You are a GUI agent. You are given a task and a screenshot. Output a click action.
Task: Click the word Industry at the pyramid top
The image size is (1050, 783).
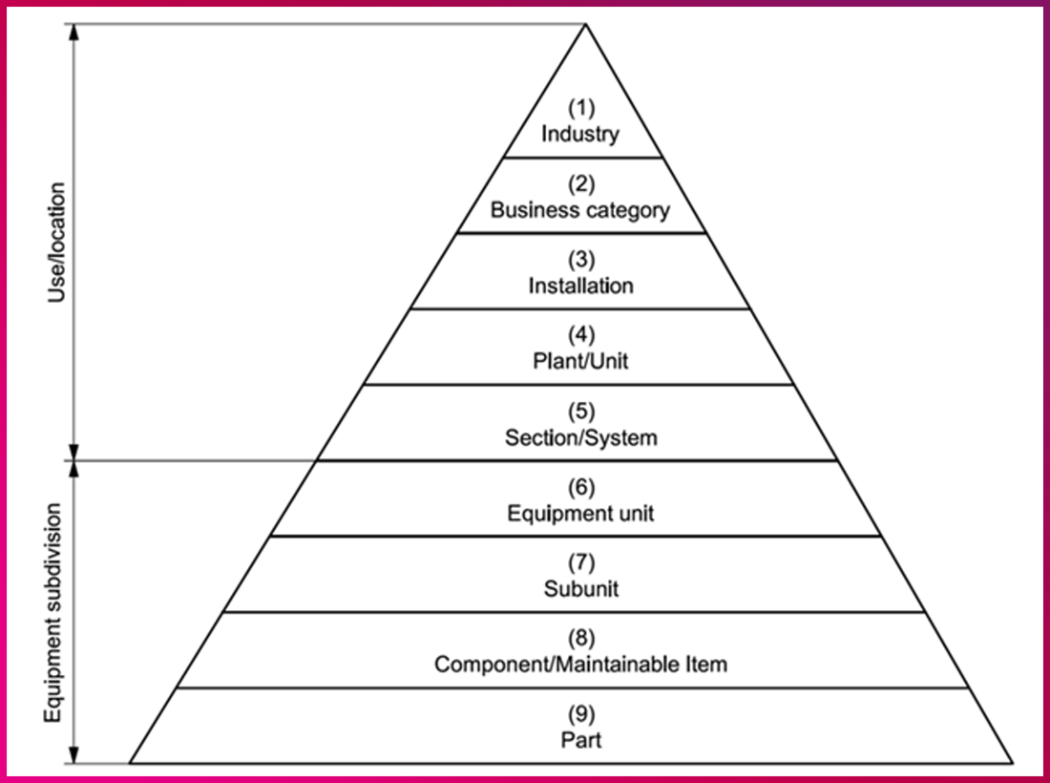click(580, 134)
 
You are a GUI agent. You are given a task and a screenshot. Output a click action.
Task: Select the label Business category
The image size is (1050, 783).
click(580, 210)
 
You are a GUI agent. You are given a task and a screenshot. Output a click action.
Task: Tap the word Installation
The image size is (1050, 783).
click(580, 286)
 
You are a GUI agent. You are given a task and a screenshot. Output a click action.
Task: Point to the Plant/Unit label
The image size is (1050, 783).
click(580, 362)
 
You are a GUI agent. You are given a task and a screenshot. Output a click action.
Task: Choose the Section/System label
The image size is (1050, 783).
click(580, 438)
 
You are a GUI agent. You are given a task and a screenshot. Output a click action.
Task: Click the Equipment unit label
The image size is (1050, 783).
click(580, 514)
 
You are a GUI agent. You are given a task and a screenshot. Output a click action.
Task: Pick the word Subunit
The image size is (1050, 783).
click(580, 588)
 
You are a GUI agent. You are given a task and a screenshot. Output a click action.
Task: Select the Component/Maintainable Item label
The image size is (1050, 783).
click(580, 664)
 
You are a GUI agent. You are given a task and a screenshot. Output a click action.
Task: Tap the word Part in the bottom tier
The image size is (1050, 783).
click(580, 739)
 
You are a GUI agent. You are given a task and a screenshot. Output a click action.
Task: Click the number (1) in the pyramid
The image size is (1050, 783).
click(580, 107)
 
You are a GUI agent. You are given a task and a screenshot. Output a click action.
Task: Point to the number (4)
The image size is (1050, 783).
click(580, 335)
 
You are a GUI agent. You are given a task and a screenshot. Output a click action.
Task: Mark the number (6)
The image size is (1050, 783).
click(580, 487)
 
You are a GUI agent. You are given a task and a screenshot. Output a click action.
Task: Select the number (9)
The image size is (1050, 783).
click(580, 713)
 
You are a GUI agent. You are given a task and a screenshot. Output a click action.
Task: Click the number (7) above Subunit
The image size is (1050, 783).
click(580, 562)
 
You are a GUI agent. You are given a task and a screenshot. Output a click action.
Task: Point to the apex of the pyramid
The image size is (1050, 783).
click(584, 26)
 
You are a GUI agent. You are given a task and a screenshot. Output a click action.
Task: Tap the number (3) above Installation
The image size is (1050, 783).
click(580, 259)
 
